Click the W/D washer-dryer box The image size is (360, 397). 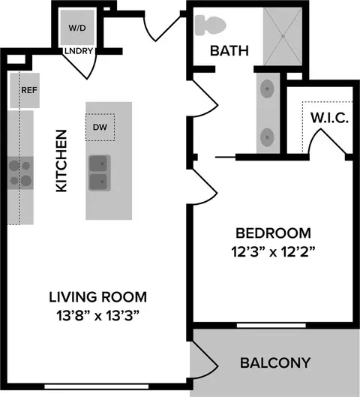coord(77,28)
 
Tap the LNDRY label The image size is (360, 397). coord(79,51)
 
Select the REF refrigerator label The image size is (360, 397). coord(29,90)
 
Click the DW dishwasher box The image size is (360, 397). coord(100,127)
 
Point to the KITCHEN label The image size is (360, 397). coord(61,161)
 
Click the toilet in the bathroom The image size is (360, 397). coord(210,25)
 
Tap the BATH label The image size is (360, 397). coord(229,50)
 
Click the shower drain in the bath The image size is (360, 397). coord(283,37)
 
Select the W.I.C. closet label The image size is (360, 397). coord(330,118)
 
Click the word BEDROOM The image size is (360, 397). coord(273,233)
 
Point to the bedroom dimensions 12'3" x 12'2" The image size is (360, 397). coord(273,252)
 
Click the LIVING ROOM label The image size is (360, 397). coord(98,297)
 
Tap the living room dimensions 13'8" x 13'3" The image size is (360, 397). coord(98,316)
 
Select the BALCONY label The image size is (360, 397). coord(275,362)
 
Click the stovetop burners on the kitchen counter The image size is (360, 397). coord(20,173)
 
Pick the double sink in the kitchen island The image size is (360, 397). coord(99,173)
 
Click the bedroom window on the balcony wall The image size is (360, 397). coord(271,326)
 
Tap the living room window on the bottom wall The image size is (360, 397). coord(97,386)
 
